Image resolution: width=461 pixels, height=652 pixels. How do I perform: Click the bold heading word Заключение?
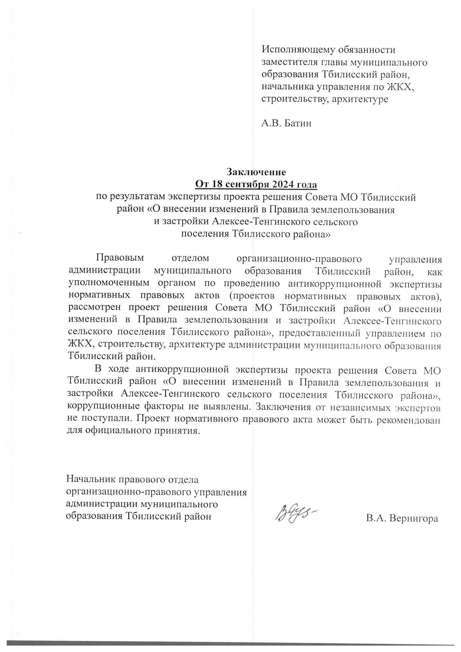click(256, 172)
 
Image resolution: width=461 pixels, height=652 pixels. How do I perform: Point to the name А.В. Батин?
click(287, 123)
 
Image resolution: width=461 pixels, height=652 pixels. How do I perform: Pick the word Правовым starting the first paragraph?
click(120, 258)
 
